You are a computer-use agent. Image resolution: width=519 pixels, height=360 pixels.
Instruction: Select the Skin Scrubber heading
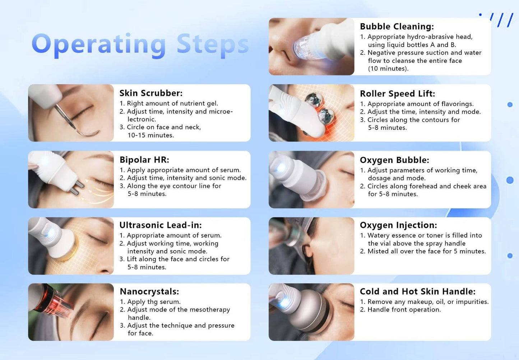151,93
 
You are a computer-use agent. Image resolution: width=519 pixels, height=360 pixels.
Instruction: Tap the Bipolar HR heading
144,160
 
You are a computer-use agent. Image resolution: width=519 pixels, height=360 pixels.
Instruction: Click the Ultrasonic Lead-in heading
160,225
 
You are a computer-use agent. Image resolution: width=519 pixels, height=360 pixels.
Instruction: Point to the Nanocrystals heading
149,291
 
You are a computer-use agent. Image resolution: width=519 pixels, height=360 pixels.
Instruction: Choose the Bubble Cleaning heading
397,27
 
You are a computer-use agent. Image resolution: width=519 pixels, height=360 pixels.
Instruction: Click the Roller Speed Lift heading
397,94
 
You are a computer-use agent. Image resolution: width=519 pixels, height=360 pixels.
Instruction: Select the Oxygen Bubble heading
394,160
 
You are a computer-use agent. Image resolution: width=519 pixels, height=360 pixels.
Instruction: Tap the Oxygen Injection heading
398,225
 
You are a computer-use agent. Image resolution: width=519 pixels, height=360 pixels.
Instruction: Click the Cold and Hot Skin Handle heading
417,291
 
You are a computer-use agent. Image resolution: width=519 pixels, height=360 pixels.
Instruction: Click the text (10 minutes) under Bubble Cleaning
388,69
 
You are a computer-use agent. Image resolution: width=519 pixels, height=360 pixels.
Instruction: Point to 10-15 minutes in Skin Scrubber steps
150,135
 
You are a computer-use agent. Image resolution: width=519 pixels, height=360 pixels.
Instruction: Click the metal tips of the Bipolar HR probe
79,188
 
